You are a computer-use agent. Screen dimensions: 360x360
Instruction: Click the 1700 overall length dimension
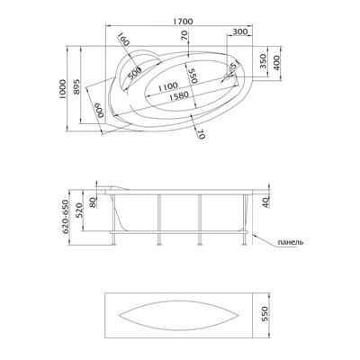182,22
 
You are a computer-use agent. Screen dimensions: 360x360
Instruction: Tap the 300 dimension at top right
239,31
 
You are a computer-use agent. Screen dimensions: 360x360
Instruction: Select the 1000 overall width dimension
62,89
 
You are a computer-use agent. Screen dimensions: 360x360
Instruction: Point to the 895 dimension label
76,87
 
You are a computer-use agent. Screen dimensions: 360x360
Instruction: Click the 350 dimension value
263,61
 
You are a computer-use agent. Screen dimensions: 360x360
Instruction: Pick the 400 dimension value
276,63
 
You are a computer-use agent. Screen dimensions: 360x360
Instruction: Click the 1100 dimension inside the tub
167,86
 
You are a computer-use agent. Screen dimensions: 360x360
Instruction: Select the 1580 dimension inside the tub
178,95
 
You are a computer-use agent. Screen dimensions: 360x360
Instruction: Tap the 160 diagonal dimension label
122,40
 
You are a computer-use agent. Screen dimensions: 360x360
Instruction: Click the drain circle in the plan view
226,77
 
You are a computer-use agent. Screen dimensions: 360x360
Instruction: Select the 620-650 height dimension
66,216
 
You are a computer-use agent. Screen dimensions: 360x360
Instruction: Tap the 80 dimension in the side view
93,202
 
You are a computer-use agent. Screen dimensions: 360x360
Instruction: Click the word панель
291,242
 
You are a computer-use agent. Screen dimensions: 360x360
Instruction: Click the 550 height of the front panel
266,313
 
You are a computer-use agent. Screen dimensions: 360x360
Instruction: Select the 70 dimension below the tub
201,134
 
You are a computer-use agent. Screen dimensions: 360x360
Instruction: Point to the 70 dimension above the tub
184,36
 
